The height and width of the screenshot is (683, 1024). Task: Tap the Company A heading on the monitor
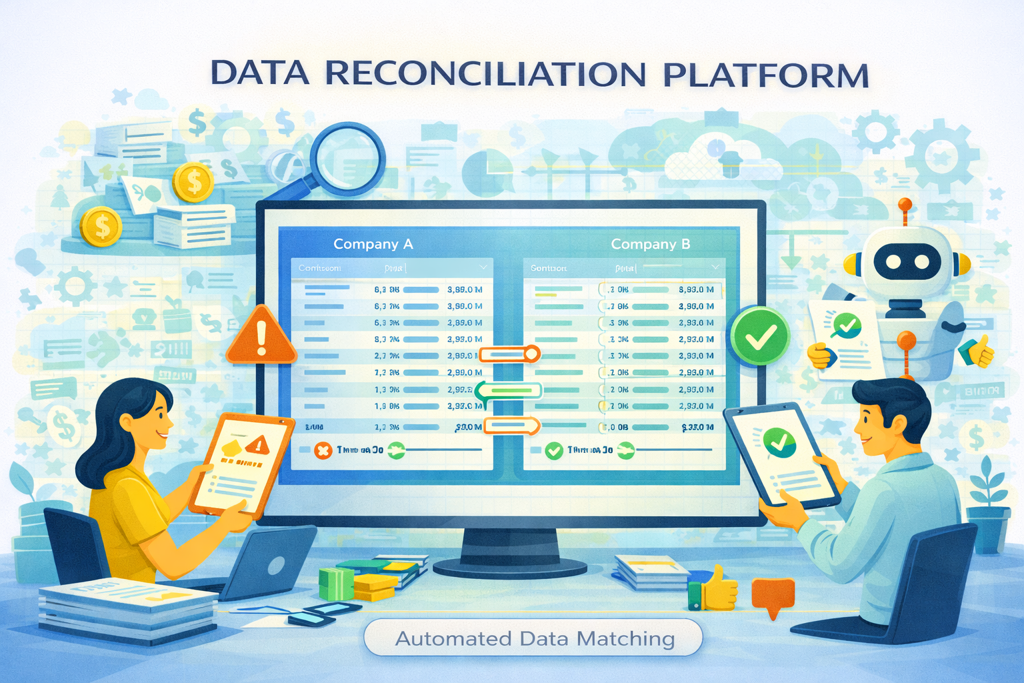373,244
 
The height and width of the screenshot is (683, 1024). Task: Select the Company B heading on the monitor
651,244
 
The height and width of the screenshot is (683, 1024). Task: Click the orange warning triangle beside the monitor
261,337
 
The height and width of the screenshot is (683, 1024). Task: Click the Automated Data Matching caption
534,638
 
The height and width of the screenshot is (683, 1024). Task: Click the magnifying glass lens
348,159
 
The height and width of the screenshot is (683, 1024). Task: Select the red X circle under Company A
323,451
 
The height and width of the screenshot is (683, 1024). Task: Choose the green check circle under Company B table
553,451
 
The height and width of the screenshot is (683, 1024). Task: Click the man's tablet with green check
781,453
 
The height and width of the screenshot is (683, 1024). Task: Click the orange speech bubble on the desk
773,594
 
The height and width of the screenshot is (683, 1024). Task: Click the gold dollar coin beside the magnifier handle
193,181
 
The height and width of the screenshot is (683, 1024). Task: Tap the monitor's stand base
510,567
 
